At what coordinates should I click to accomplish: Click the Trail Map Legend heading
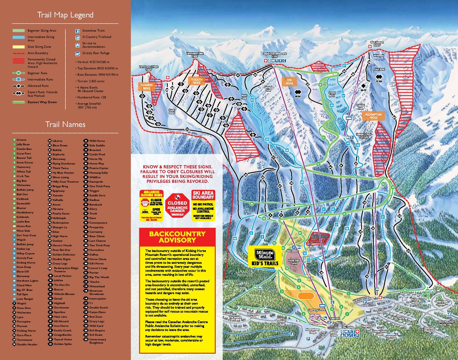[x=65, y=15]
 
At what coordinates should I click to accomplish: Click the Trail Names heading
[x=65, y=124]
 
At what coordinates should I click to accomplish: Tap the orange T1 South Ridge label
[x=197, y=81]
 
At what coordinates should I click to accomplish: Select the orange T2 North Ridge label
[x=147, y=87]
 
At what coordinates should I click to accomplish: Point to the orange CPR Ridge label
[x=289, y=82]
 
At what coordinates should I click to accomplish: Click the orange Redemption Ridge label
[x=373, y=116]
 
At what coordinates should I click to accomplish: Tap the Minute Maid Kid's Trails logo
[x=265, y=257]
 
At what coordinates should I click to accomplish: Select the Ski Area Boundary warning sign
[x=203, y=205]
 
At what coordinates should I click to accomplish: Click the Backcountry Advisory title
[x=177, y=237]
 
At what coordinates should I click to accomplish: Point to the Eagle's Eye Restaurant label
[x=275, y=55]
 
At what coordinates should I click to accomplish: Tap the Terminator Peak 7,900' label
[x=195, y=55]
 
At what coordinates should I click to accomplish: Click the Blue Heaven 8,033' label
[x=377, y=44]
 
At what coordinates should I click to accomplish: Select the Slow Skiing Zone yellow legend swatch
[x=19, y=47]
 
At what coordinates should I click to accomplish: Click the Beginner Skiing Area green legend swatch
[x=19, y=31]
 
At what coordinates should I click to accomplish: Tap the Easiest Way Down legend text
[x=42, y=102]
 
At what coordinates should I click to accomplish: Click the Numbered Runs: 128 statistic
[x=92, y=97]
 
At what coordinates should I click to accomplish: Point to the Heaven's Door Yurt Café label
[x=363, y=136]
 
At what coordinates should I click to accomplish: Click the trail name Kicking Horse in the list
[x=26, y=262]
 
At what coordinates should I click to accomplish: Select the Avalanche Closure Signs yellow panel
[x=151, y=206]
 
